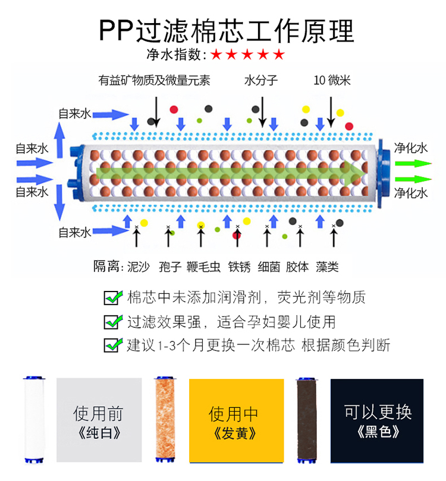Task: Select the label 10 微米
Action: tap(331, 80)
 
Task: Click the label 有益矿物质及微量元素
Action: tap(155, 80)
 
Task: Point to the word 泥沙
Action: tap(139, 267)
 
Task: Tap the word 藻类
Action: tap(327, 267)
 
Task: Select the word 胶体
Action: tap(297, 267)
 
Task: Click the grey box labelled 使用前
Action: tap(99, 420)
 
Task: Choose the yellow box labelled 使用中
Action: tap(233, 420)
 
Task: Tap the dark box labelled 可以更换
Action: tap(377, 420)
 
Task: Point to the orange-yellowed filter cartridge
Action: tap(164, 420)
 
